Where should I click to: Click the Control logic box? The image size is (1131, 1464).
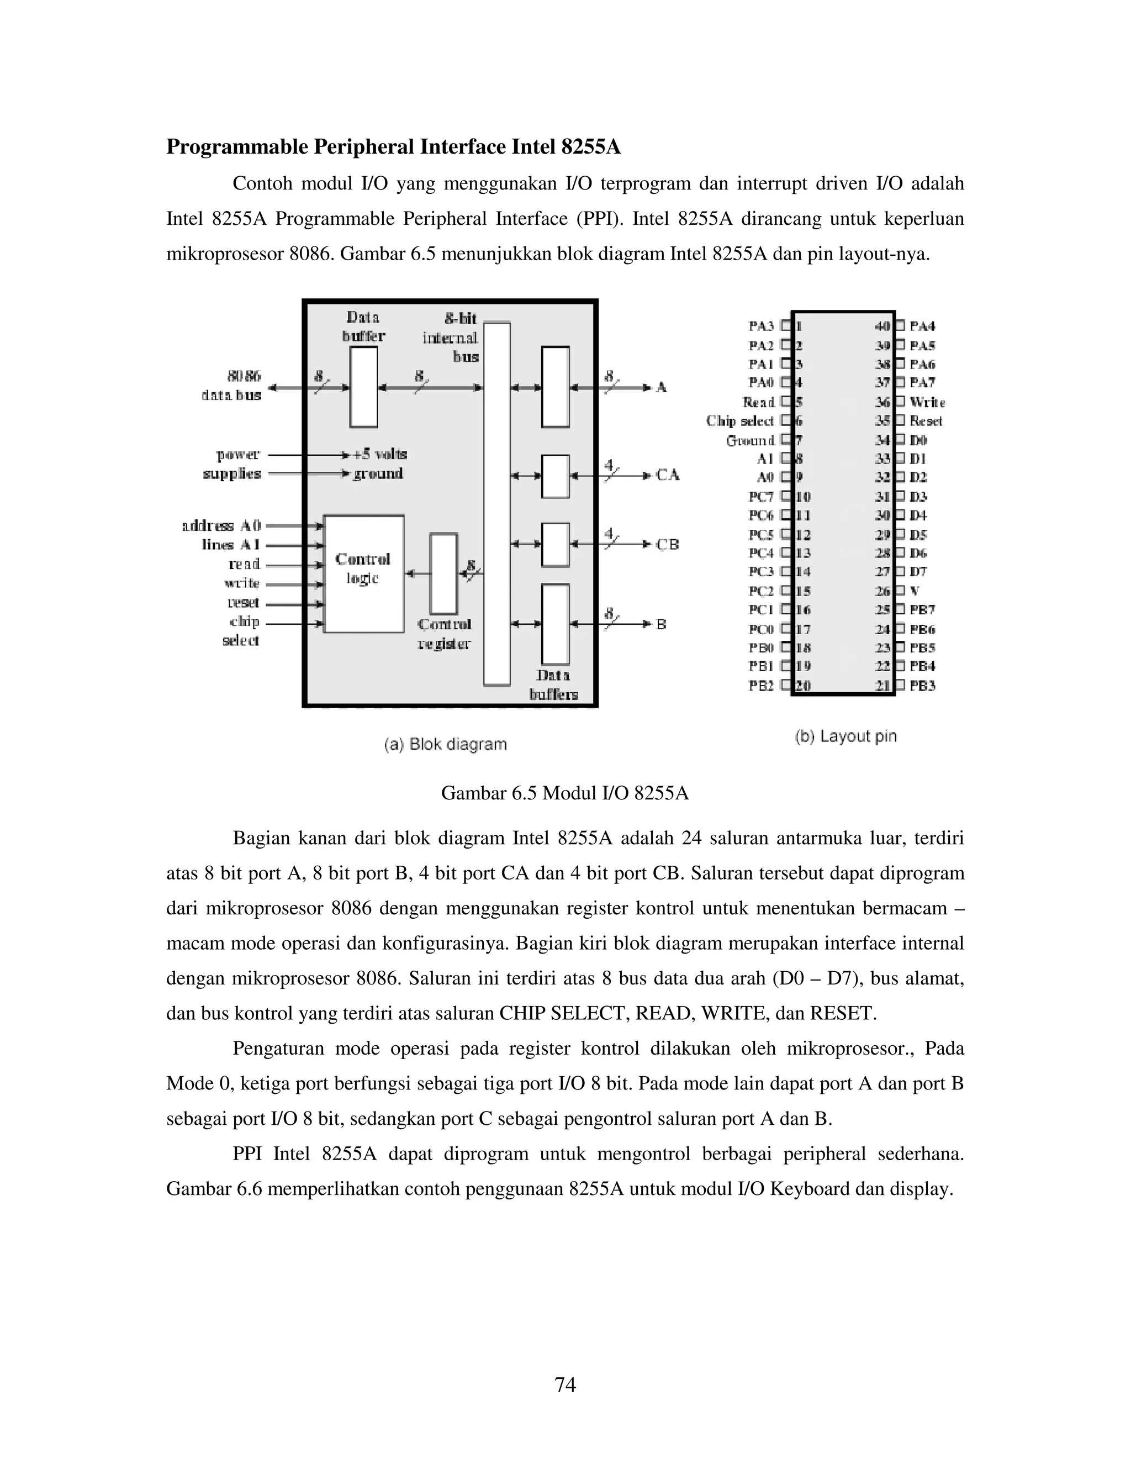(363, 573)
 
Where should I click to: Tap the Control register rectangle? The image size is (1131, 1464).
(443, 573)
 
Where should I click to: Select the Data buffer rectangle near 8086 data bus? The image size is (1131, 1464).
(363, 386)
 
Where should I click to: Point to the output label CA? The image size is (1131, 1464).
(667, 475)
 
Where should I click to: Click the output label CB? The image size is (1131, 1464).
(667, 544)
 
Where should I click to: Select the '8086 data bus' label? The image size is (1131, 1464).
(232, 386)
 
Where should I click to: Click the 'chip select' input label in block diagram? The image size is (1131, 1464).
(241, 631)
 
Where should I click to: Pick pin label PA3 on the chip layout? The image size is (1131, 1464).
(760, 326)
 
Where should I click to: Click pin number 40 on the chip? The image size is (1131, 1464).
(882, 326)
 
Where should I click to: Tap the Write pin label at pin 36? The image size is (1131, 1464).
(927, 402)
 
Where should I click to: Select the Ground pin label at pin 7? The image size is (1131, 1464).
(750, 440)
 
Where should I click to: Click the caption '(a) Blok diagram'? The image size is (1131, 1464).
(446, 744)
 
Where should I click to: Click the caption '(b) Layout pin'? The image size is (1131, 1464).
(845, 736)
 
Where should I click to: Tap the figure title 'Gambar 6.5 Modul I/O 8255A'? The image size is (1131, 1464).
(565, 794)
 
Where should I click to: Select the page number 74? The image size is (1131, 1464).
(565, 1384)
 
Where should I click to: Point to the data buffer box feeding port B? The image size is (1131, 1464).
(556, 624)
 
